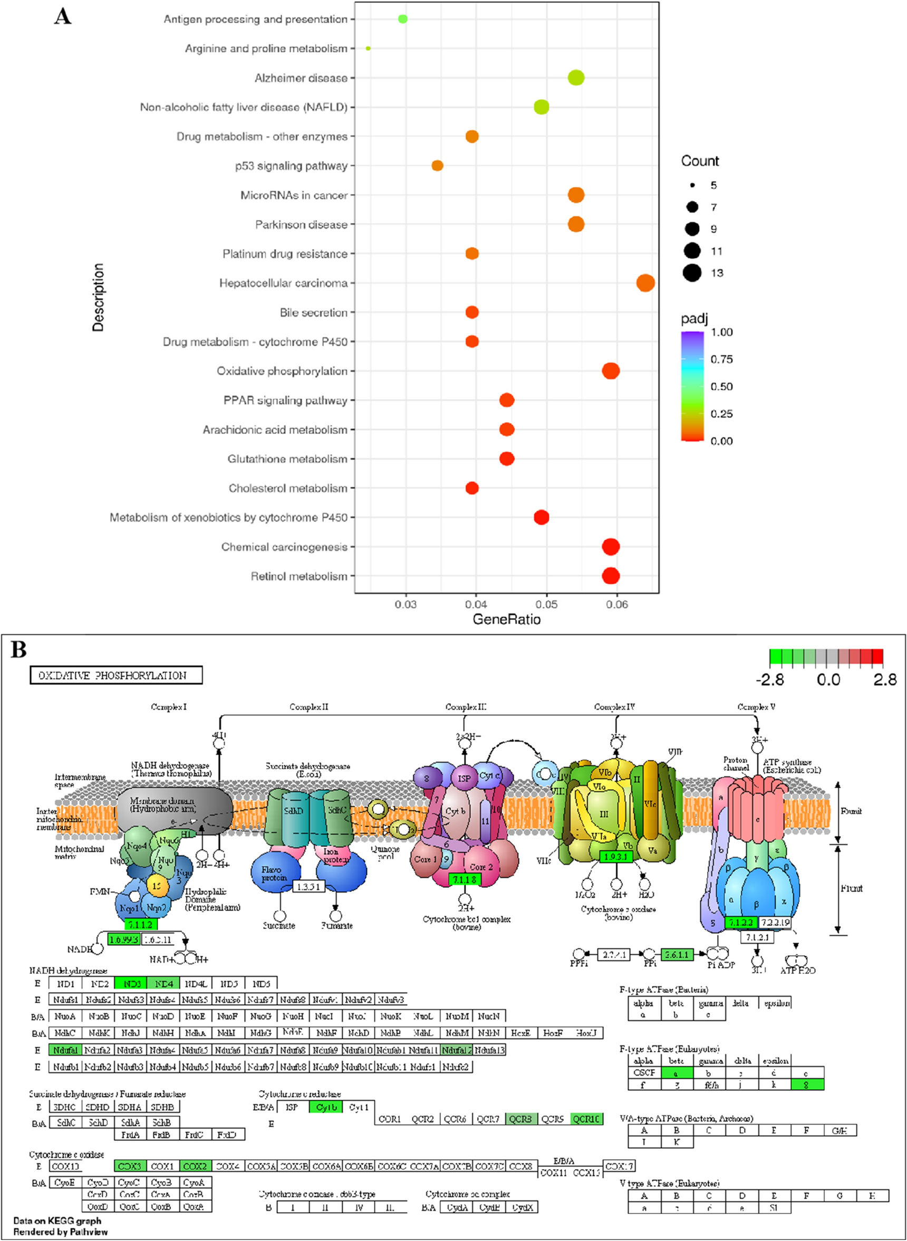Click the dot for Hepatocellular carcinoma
click(645, 283)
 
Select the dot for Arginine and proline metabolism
click(368, 49)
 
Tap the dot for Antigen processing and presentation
click(402, 19)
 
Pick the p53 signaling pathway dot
click(437, 166)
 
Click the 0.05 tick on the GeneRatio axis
click(546, 604)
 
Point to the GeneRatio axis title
click(506, 619)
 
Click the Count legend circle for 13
click(692, 273)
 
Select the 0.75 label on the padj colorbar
click(721, 360)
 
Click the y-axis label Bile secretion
click(314, 313)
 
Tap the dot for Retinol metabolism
click(611, 576)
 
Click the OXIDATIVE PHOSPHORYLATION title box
click(116, 675)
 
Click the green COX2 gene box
click(195, 1166)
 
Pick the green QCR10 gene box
click(586, 1119)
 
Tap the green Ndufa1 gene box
click(65, 1050)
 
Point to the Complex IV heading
click(614, 707)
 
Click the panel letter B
click(18, 650)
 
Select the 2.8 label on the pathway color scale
click(884, 680)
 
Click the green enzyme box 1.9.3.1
click(616, 857)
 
